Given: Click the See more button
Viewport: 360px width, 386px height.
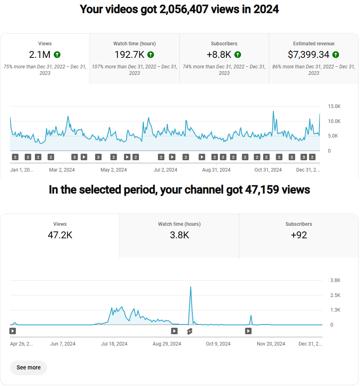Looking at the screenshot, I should tap(28, 367).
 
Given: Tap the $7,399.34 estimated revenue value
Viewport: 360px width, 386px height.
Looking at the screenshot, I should tap(309, 55).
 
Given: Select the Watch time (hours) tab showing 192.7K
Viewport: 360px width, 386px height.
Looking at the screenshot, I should tap(134, 58).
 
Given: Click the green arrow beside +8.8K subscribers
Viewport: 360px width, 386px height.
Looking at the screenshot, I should tap(238, 55).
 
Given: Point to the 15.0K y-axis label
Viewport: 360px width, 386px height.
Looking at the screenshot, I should tap(334, 106).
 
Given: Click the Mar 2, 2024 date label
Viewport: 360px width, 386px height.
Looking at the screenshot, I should tap(62, 170).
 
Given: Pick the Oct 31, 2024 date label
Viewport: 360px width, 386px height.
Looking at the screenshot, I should tap(268, 170).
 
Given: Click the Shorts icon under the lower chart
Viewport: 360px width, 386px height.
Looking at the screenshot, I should tap(190, 331).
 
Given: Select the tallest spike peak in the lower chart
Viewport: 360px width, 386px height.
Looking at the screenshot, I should tap(191, 287).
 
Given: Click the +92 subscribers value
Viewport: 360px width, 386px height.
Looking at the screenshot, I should tap(299, 235).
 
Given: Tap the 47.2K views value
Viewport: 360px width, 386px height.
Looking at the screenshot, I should tap(60, 235).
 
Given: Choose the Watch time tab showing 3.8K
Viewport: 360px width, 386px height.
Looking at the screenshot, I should tap(179, 235).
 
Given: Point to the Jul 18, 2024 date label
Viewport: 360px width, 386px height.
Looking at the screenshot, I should tap(114, 344).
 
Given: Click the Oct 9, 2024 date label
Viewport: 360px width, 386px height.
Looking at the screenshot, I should tap(218, 344).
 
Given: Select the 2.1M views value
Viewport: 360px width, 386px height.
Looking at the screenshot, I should tap(40, 55).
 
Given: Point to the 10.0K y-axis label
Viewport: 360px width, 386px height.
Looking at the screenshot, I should tap(334, 121).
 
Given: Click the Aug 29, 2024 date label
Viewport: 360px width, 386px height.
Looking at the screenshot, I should tap(167, 344).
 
